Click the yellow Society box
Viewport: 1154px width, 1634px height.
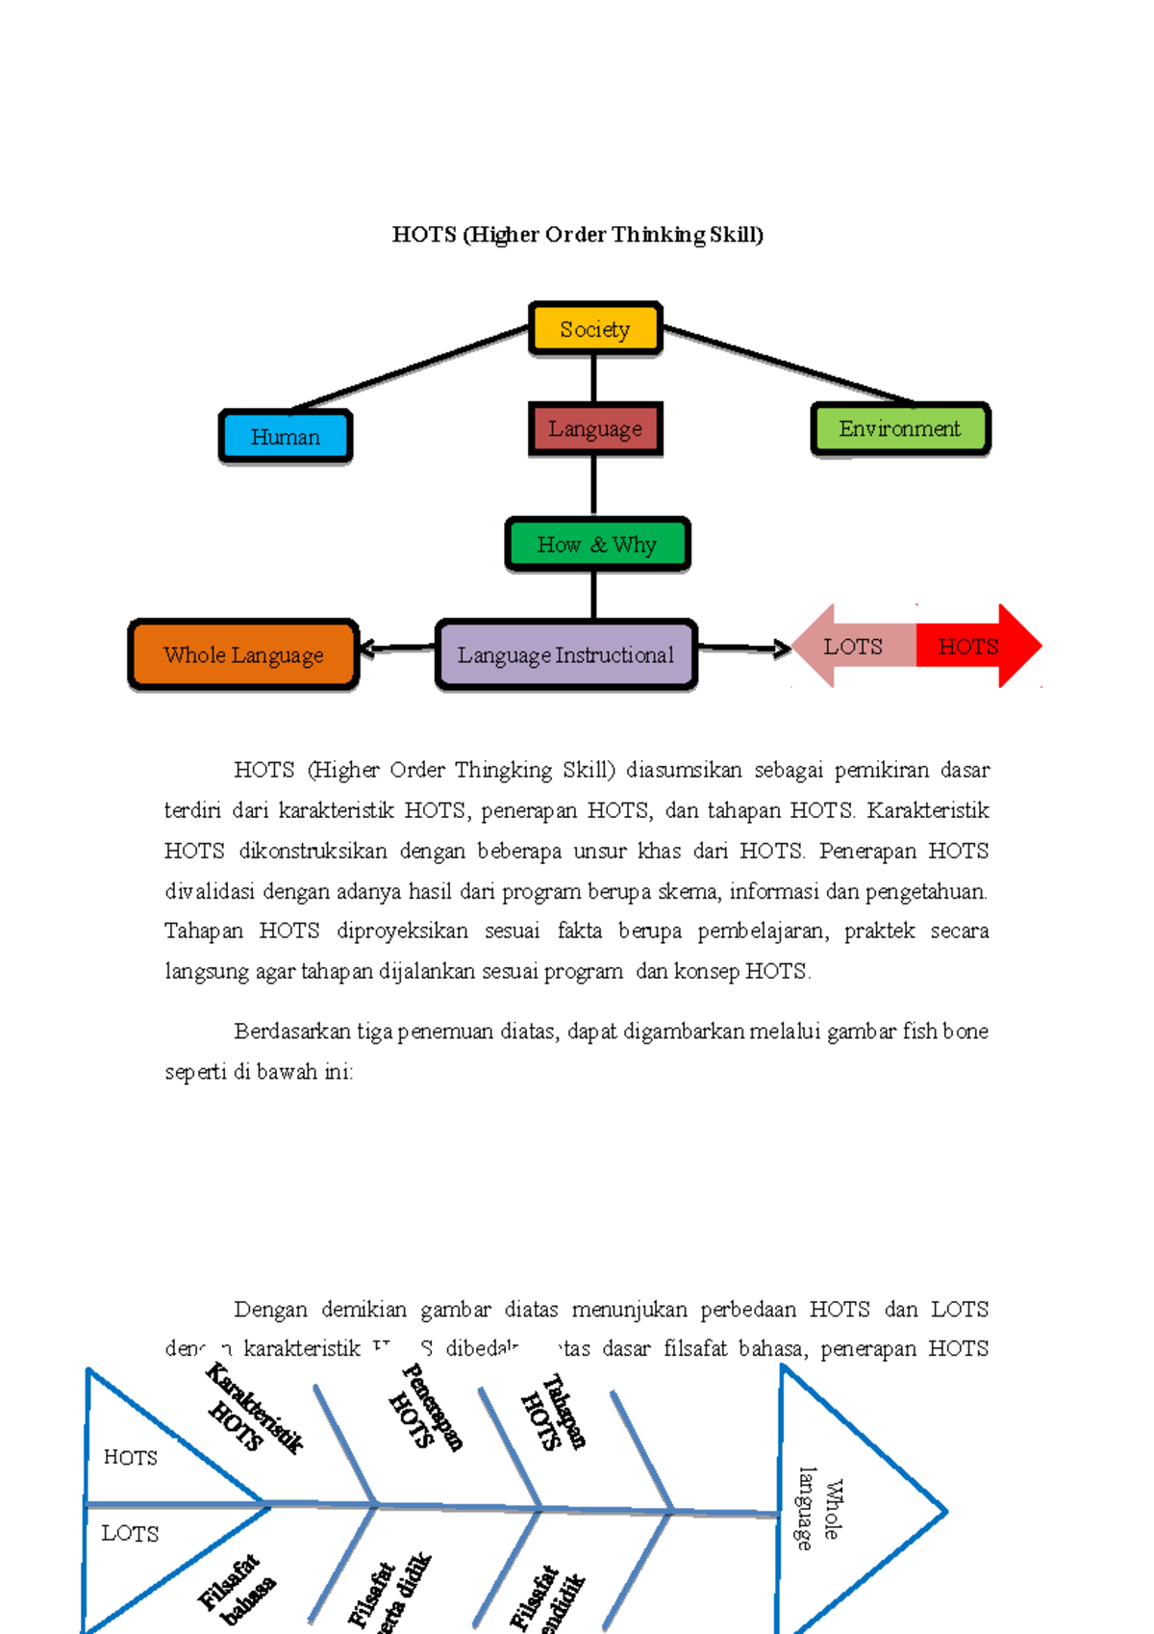click(595, 329)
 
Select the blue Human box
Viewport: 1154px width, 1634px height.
click(286, 437)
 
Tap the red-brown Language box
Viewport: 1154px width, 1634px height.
click(595, 429)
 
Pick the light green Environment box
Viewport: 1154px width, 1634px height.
click(900, 429)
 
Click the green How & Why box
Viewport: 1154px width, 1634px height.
click(597, 545)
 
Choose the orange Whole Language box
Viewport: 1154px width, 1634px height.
click(243, 655)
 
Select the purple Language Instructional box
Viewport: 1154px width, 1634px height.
click(565, 655)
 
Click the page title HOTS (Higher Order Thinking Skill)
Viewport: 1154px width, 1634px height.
click(578, 235)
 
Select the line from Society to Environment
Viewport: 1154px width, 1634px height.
click(789, 365)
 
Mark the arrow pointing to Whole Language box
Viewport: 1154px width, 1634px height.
click(394, 649)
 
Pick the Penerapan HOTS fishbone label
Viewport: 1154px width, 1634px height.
click(426, 1408)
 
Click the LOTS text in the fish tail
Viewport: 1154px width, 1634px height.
click(130, 1534)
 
